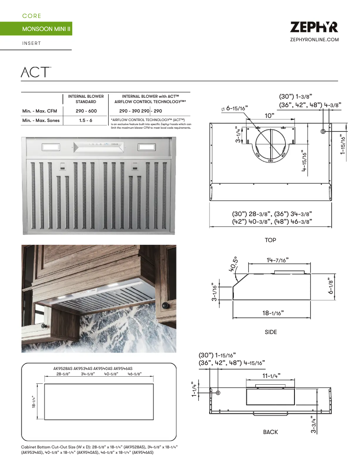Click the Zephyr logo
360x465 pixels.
pos(314,27)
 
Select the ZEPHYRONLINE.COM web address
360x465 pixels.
pos(314,40)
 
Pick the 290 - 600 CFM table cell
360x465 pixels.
pos(86,111)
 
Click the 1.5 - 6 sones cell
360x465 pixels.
pos(86,121)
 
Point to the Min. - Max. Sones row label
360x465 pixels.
pos(41,121)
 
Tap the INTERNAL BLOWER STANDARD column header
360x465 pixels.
pos(86,99)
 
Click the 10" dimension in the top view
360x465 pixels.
pos(269,115)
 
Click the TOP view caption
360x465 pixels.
pos(270,240)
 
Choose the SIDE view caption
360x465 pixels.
pos(271,332)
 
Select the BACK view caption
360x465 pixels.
pos(270,432)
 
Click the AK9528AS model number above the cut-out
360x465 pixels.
pos(63,368)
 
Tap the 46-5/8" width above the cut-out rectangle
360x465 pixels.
pos(134,374)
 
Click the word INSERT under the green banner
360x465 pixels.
pos(31,43)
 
